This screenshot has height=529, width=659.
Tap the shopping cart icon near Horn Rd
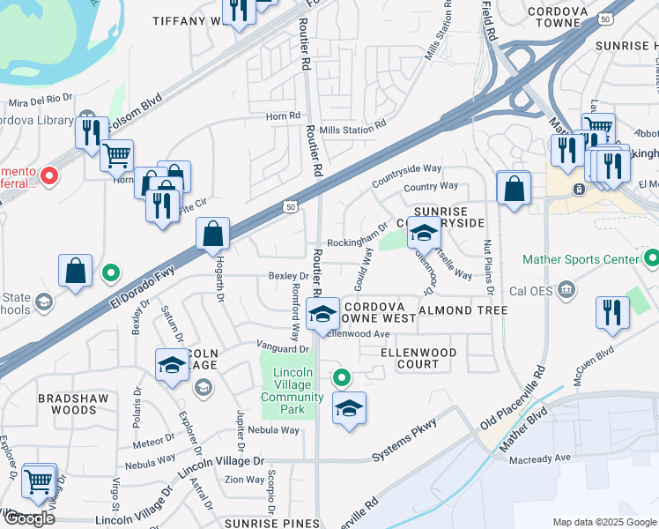click(116, 157)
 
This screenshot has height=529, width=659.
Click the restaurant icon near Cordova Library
click(91, 133)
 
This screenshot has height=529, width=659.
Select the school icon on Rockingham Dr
click(424, 235)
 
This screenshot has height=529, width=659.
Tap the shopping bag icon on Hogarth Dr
click(213, 235)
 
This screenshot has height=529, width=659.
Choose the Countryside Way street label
click(406, 168)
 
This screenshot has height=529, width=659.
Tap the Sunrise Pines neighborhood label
click(272, 523)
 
